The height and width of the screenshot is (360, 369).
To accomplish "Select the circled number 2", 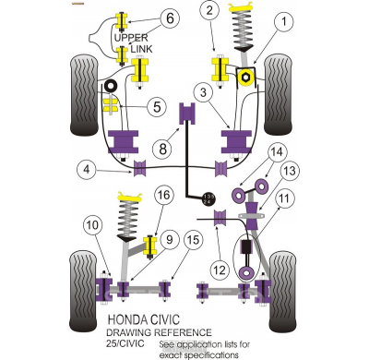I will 210,11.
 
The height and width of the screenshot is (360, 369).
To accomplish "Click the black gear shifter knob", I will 208,198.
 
